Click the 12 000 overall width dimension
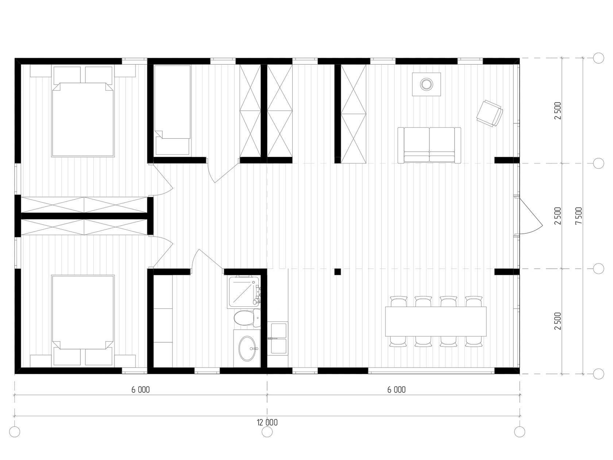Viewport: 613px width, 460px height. [267, 422]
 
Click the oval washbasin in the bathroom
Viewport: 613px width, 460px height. [247, 349]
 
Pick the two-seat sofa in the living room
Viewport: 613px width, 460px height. [429, 145]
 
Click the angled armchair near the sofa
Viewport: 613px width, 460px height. [489, 113]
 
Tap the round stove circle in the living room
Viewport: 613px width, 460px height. [427, 84]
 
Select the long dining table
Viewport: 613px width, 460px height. [436, 322]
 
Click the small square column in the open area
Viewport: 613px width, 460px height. [338, 272]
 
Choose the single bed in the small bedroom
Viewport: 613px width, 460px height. [173, 110]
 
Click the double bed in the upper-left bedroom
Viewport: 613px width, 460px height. [83, 119]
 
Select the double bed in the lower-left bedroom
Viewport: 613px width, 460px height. [83, 312]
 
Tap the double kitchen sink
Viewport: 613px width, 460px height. [277, 338]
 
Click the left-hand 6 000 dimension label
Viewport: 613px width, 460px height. [140, 390]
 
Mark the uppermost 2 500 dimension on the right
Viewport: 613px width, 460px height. [558, 111]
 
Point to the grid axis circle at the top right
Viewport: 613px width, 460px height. [598, 58]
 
